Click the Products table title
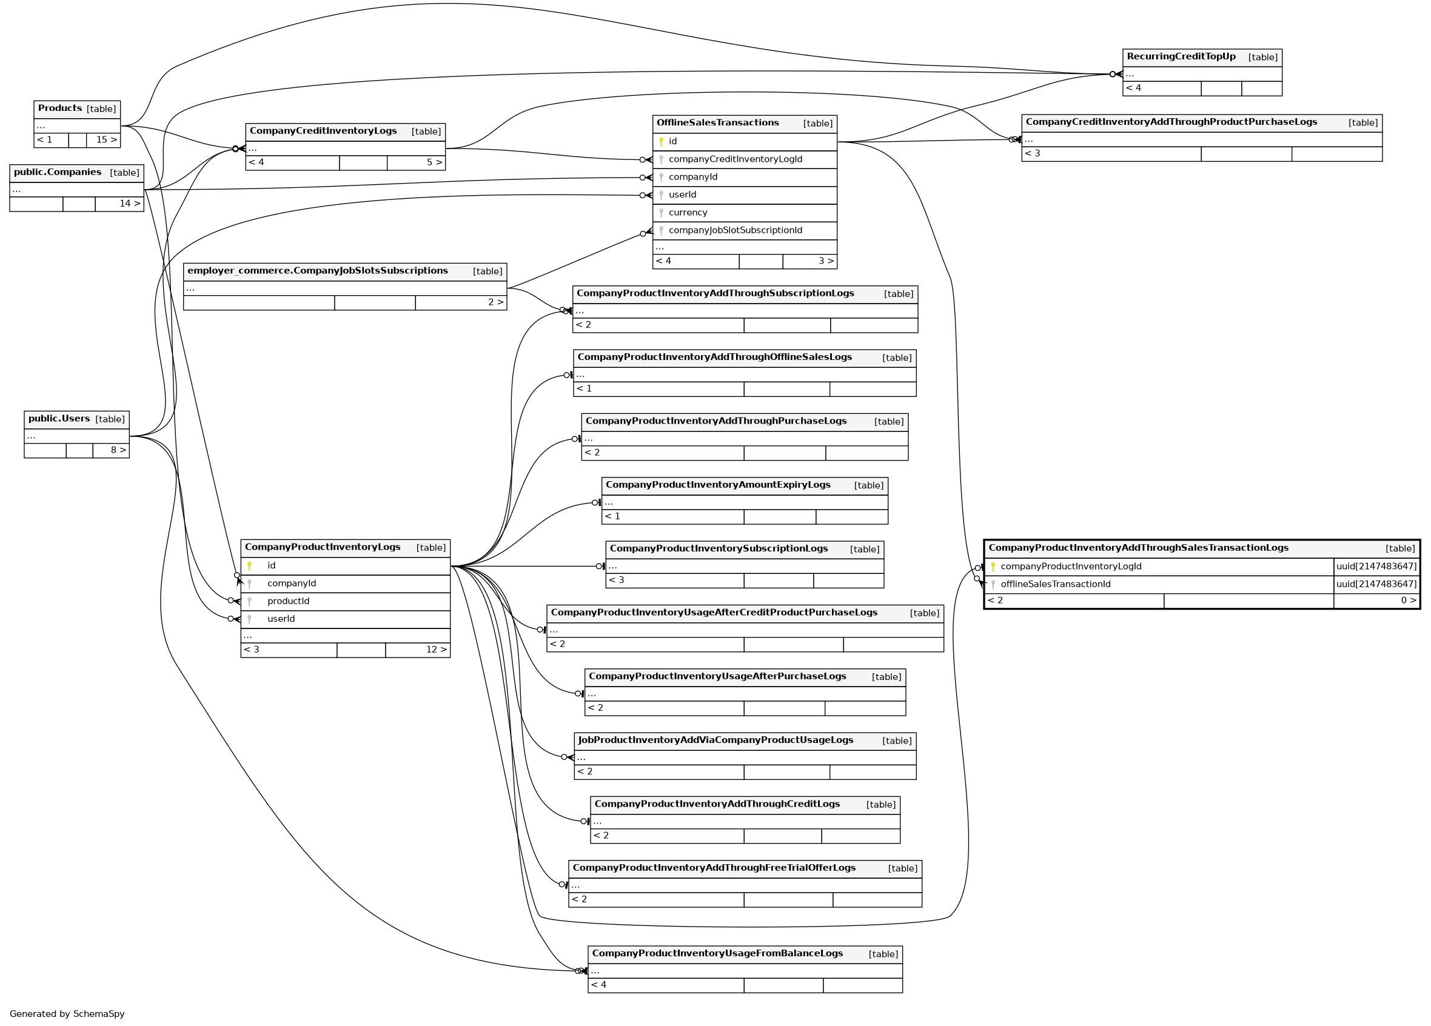(x=60, y=108)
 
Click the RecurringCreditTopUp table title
(x=1181, y=57)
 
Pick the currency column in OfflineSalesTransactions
(x=688, y=213)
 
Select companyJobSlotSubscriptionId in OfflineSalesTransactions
(x=735, y=230)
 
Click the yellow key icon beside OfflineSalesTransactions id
(x=660, y=141)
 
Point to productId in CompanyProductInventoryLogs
(x=289, y=601)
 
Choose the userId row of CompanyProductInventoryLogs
(x=281, y=619)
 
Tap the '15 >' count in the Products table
(x=106, y=140)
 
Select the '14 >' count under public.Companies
(x=129, y=204)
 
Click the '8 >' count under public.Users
(x=118, y=450)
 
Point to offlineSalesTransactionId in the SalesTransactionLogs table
(x=1055, y=584)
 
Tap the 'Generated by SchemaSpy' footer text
(x=67, y=1014)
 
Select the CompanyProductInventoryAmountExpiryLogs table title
(x=717, y=485)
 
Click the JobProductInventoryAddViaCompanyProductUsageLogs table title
(x=715, y=741)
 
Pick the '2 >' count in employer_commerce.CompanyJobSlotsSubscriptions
(x=495, y=302)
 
